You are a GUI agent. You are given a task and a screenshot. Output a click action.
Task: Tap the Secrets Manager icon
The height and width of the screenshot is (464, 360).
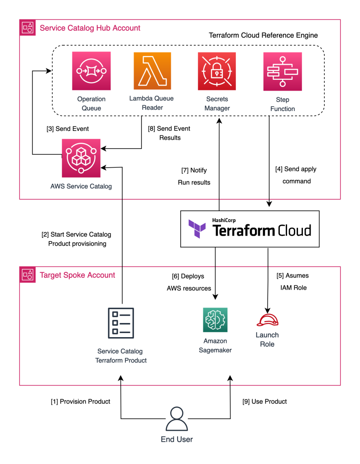[217, 71]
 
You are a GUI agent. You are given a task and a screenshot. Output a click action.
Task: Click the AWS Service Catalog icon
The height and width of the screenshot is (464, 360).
[82, 158]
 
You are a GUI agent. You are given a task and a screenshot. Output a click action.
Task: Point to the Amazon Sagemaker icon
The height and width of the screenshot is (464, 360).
[215, 320]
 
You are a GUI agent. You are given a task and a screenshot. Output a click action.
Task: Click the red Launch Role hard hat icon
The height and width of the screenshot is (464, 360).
[267, 319]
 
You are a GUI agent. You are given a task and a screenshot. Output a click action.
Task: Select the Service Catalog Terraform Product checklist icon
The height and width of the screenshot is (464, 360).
[121, 323]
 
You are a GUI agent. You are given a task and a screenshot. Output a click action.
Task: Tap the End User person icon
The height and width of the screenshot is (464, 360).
[177, 419]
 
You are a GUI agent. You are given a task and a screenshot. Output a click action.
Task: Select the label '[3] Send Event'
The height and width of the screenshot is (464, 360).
[67, 129]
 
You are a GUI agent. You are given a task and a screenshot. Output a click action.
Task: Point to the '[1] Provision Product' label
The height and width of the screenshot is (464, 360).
[80, 401]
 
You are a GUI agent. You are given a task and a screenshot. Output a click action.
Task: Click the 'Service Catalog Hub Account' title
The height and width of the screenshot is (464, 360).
[90, 28]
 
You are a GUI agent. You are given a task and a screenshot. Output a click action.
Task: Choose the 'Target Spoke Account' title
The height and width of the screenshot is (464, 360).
[77, 275]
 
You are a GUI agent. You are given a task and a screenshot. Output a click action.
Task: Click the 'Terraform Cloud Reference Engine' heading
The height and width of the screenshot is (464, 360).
[263, 35]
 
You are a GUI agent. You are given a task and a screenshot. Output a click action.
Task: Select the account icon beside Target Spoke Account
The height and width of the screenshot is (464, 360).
[28, 275]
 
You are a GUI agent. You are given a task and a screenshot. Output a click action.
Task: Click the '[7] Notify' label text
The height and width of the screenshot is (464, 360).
[194, 170]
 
